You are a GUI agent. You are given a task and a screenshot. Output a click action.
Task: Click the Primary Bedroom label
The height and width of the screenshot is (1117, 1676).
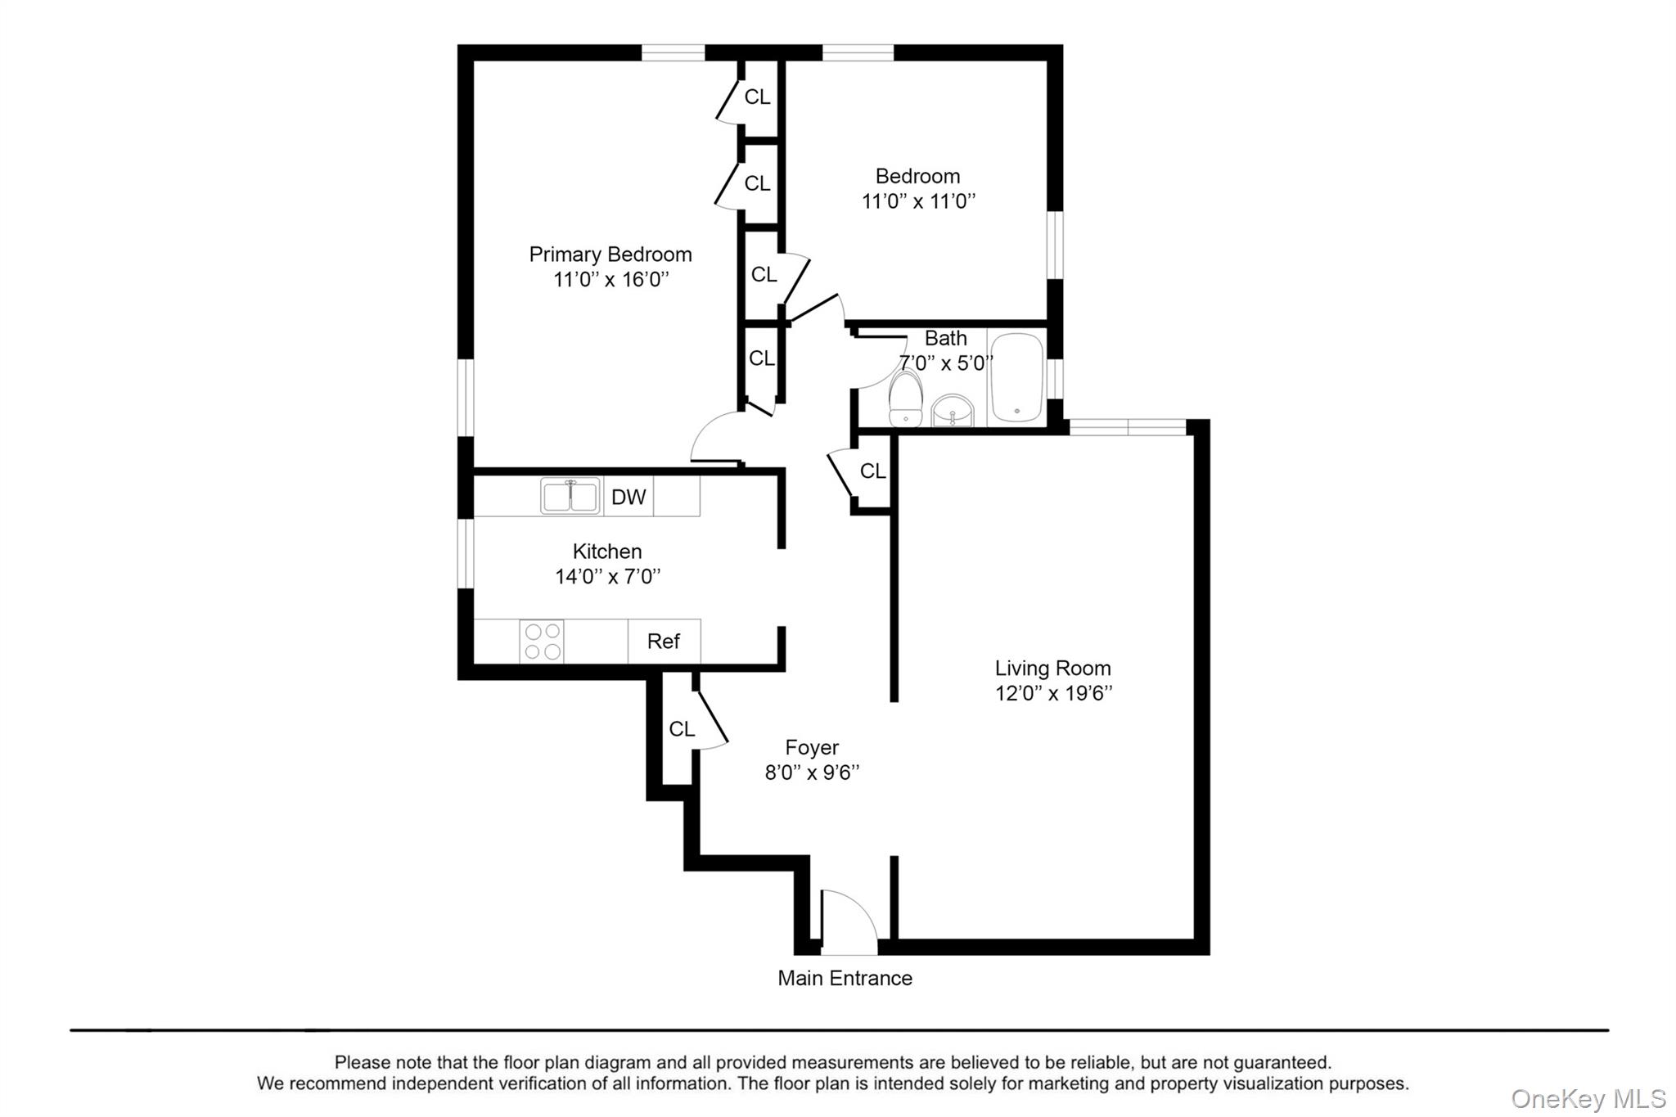click(x=610, y=254)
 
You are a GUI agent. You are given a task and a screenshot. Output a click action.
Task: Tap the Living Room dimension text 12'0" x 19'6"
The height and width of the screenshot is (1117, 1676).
click(x=1053, y=694)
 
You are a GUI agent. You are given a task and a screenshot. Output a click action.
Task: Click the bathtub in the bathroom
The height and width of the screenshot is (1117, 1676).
click(x=1016, y=377)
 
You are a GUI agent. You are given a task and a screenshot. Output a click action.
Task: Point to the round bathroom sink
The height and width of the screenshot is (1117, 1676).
click(x=953, y=411)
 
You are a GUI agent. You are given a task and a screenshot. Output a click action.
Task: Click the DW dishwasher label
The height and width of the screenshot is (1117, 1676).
click(x=628, y=497)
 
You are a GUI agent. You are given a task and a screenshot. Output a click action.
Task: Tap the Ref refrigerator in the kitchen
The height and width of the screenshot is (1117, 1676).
click(x=664, y=642)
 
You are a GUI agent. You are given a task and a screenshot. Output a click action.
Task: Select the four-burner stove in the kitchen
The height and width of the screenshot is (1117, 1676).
click(x=542, y=642)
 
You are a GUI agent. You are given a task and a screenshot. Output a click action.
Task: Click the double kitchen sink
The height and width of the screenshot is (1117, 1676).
click(x=570, y=496)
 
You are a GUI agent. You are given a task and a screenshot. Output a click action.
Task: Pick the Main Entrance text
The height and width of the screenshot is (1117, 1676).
click(x=845, y=979)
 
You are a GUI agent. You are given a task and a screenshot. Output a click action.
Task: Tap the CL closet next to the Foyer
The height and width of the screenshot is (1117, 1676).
click(x=681, y=729)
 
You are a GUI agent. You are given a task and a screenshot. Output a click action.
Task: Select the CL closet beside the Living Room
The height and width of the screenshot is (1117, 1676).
click(x=872, y=471)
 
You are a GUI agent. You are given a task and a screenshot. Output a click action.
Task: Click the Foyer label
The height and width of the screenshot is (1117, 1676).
click(x=812, y=747)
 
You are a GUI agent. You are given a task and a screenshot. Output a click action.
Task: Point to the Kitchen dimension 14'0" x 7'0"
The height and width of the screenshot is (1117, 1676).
click(x=607, y=577)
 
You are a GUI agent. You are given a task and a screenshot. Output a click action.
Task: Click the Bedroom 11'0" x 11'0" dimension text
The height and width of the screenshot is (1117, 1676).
click(x=918, y=201)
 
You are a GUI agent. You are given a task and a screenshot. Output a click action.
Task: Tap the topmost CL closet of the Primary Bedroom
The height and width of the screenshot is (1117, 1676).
click(x=757, y=97)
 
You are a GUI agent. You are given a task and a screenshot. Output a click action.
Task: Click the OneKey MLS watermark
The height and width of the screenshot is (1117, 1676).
click(x=1588, y=1098)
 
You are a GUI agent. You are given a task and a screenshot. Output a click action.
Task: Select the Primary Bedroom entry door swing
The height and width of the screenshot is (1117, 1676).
click(x=715, y=439)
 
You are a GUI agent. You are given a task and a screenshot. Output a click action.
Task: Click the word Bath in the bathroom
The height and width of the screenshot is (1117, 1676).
click(x=945, y=338)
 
